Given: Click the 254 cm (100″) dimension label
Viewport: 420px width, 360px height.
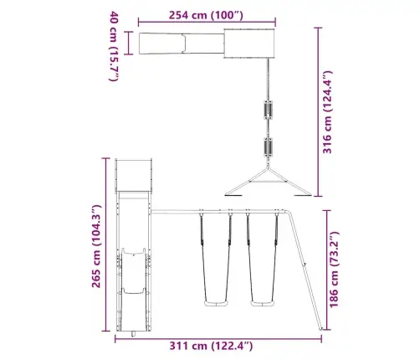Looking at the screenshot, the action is tap(206, 15).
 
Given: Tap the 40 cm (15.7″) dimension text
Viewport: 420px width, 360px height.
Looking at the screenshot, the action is tap(114, 46).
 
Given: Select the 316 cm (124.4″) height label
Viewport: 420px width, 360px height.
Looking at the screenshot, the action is tap(327, 112).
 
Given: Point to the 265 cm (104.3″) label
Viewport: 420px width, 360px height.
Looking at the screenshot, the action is tap(96, 246).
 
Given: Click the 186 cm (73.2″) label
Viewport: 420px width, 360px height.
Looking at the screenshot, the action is tap(334, 270).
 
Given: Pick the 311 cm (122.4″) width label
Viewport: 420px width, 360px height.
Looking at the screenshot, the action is tap(211, 346).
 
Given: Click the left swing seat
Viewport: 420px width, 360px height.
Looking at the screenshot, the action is tap(217, 303).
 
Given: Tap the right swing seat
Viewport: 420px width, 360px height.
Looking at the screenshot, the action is tap(263, 303).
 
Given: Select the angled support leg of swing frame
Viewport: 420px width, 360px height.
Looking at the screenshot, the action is tap(305, 270).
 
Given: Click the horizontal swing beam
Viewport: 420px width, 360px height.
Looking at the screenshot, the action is tap(218, 212).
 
